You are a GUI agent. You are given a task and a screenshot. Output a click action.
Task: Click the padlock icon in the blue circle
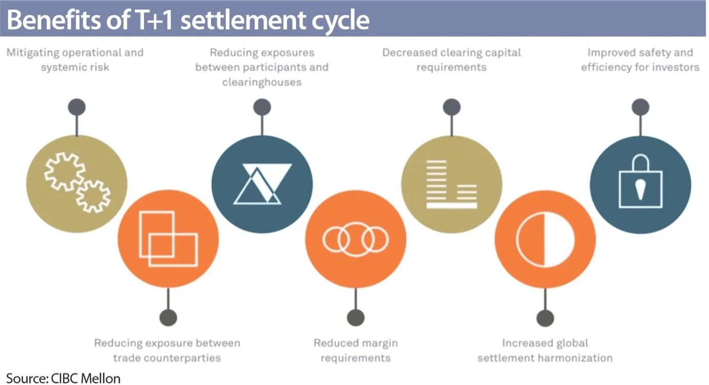coord(640,183)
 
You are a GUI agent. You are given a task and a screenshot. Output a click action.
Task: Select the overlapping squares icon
coord(168,238)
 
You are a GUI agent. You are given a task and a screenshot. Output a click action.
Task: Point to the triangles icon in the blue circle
coord(262,184)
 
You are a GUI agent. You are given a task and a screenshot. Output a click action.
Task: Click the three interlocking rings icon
coord(356,238)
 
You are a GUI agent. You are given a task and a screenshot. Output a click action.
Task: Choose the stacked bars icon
coord(451,184)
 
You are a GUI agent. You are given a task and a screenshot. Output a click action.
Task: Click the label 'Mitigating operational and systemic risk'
coord(75,59)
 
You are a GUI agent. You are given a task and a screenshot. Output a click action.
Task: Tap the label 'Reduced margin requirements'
coord(355,350)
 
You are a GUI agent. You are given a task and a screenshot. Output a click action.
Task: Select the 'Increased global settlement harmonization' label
coord(545,350)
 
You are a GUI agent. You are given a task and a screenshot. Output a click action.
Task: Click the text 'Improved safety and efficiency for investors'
coord(640,59)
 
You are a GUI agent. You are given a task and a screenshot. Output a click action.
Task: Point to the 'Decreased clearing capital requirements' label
coord(451,59)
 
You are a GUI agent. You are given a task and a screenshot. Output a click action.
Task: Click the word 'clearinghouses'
coord(261,82)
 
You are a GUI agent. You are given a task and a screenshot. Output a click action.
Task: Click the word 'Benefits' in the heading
coord(48,19)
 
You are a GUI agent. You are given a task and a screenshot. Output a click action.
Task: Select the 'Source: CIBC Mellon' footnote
coord(64,378)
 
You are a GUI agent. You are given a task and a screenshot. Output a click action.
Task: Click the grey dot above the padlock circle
coord(640,107)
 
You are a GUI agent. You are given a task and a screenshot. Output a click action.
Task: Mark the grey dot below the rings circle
coord(355,317)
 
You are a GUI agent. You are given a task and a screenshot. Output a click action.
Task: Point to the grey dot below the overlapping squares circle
coord(168,317)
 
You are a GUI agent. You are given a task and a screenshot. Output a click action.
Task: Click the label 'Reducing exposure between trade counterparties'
coord(167,350)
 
